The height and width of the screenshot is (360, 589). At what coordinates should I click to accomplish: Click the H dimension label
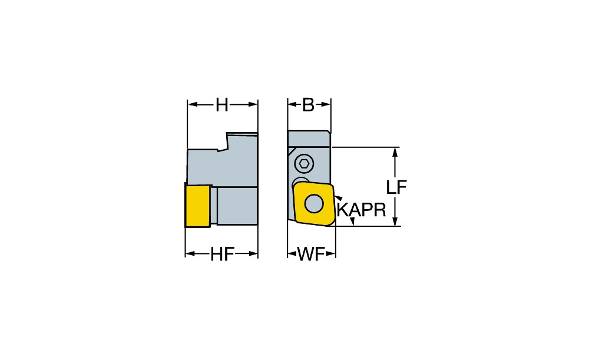click(221, 105)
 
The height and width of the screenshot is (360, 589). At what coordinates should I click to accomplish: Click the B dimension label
click(309, 105)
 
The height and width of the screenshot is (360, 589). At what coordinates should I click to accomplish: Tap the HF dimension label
click(222, 255)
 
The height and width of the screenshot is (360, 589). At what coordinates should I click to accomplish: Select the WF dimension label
click(311, 255)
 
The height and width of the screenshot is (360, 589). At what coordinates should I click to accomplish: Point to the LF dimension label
click(396, 187)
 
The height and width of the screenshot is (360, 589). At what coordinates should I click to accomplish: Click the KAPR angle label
click(362, 210)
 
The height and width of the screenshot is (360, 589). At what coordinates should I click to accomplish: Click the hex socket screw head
click(305, 164)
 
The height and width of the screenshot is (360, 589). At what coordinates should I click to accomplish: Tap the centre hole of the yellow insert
click(314, 204)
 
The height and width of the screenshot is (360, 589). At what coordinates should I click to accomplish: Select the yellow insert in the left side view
click(197, 206)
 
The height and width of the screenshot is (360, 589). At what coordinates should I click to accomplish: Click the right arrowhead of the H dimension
click(253, 105)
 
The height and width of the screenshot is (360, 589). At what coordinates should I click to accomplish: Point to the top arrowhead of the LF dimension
click(395, 153)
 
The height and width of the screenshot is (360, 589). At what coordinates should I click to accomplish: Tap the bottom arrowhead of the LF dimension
click(395, 221)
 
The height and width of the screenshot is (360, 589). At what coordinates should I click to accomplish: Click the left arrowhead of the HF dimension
click(190, 254)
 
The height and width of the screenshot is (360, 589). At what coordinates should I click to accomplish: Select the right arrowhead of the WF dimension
click(330, 254)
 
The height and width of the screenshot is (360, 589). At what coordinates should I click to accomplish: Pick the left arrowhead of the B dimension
click(293, 105)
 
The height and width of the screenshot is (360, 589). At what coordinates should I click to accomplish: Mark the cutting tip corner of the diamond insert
click(327, 226)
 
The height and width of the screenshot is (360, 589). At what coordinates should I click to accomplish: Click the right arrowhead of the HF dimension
click(253, 254)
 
